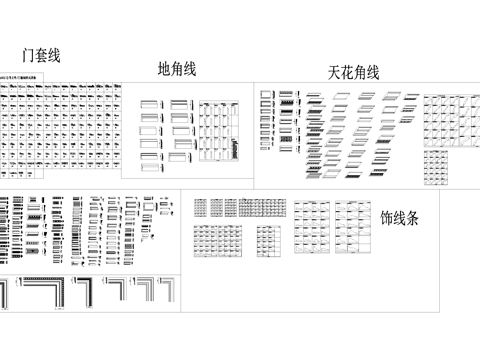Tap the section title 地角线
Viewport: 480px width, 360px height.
tap(177, 69)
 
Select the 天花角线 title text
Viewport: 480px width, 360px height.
tap(354, 72)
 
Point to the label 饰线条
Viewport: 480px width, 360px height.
tap(400, 217)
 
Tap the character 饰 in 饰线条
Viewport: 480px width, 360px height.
tap(387, 217)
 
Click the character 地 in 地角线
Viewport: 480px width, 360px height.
tap(164, 69)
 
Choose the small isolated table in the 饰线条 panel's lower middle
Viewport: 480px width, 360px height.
tap(269, 241)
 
